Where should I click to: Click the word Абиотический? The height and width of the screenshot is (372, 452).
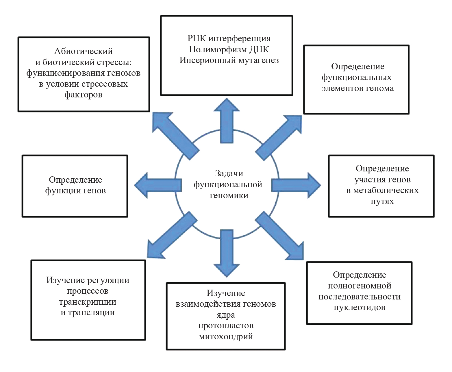pyautogui.click(x=84, y=51)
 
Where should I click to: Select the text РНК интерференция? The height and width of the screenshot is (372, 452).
pyautogui.click(x=229, y=38)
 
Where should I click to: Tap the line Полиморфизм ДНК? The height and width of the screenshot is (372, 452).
pyautogui.click(x=229, y=49)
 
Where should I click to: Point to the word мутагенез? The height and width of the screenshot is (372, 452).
pyautogui.click(x=259, y=60)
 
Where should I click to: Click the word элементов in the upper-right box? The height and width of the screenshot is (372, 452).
pyautogui.click(x=338, y=88)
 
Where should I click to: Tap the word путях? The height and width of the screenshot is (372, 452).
pyautogui.click(x=382, y=201)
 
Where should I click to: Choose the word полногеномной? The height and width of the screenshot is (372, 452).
pyautogui.click(x=360, y=286)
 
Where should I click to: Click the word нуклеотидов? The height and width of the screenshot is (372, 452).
pyautogui.click(x=360, y=308)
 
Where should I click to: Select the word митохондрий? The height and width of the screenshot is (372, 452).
pyautogui.click(x=226, y=337)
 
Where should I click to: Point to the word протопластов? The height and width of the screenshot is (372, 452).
pyautogui.click(x=226, y=326)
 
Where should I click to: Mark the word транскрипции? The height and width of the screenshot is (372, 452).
pyautogui.click(x=88, y=302)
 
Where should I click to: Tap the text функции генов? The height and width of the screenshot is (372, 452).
pyautogui.click(x=75, y=191)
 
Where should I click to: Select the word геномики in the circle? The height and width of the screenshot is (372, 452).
pyautogui.click(x=229, y=196)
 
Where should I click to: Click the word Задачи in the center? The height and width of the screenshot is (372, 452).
pyautogui.click(x=229, y=173)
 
